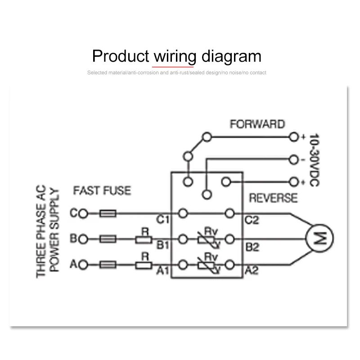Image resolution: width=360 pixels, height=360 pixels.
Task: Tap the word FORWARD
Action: tap(257, 124)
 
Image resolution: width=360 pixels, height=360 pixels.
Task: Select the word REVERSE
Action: tap(273, 198)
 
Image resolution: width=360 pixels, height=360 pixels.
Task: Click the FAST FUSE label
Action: tap(102, 191)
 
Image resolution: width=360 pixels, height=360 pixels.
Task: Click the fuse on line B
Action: tap(108, 239)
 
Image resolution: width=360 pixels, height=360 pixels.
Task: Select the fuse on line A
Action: tap(108, 265)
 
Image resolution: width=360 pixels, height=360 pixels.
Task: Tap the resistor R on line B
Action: tap(144, 239)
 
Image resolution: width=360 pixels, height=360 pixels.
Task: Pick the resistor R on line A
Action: tap(144, 265)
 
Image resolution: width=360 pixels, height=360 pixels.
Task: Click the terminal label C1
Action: tap(163, 220)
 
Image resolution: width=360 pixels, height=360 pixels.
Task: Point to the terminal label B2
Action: tap(252, 247)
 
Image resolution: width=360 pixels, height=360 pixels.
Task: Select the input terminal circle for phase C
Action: tap(82, 213)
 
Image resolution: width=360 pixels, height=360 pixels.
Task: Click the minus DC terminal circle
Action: tap(294, 159)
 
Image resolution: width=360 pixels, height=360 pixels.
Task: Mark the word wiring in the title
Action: tap(175, 57)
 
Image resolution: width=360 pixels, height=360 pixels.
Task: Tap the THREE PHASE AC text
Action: tap(41, 234)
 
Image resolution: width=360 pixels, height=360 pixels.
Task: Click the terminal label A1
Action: tap(163, 271)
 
